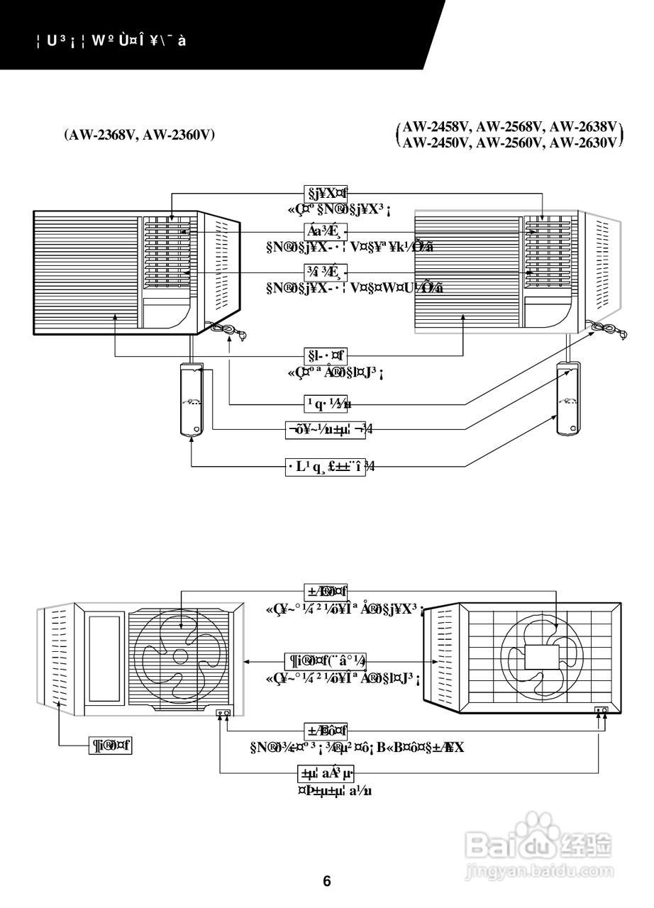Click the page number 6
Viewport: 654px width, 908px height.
[327, 882]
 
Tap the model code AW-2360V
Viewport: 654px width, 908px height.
[179, 135]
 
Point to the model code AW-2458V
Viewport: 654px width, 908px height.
[436, 127]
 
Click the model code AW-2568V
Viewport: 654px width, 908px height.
[510, 127]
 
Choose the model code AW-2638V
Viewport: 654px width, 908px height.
[582, 127]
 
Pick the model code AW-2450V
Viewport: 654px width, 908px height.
[436, 143]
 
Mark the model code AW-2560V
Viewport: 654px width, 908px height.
[510, 143]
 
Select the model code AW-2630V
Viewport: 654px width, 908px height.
[582, 143]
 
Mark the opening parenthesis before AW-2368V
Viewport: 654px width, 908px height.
[65, 135]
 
